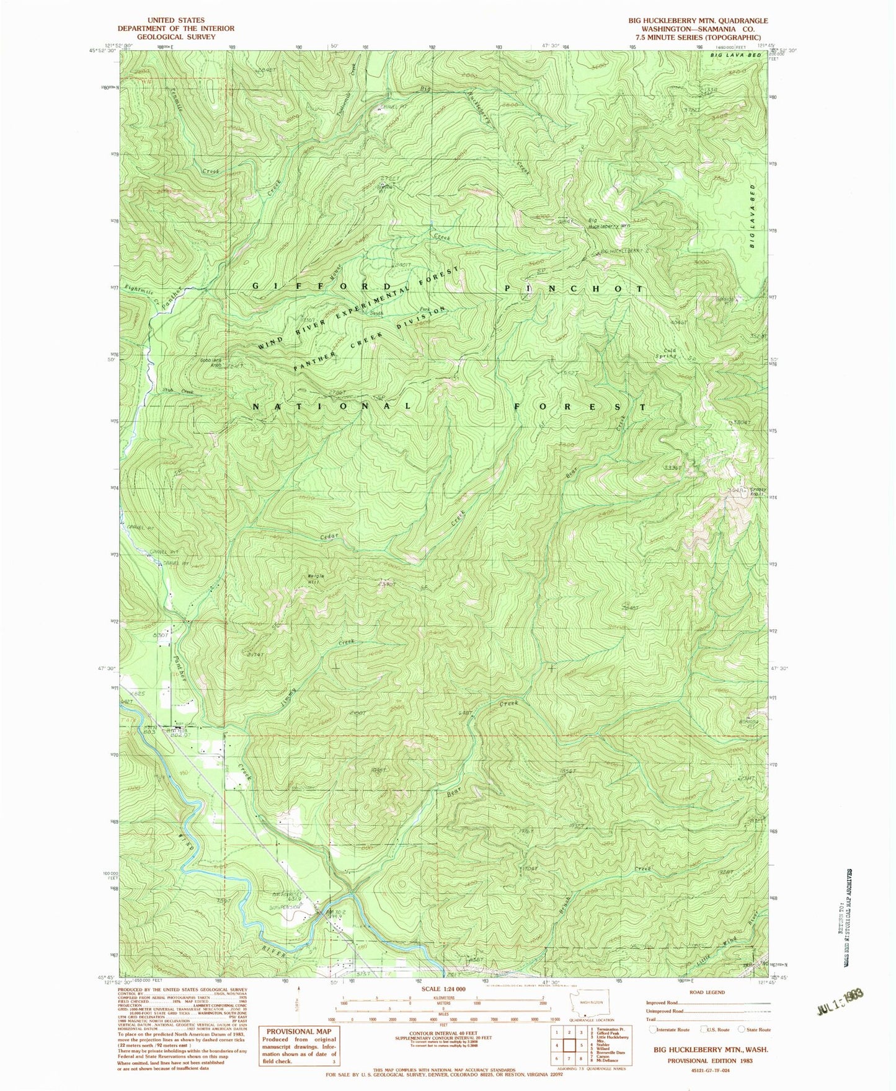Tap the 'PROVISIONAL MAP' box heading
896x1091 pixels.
point(299,1031)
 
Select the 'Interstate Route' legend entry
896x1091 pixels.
point(673,1030)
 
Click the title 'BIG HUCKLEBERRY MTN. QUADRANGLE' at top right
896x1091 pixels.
point(689,20)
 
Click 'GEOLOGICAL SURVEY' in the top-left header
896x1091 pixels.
point(176,37)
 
